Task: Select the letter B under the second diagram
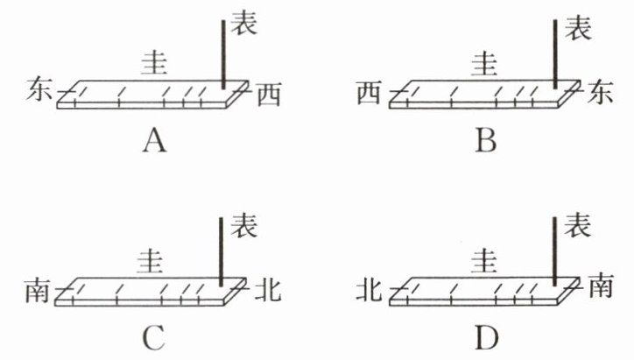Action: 487,139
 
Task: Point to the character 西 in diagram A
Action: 269,95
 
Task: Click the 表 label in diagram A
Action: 244,25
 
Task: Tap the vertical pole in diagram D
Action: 555,250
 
